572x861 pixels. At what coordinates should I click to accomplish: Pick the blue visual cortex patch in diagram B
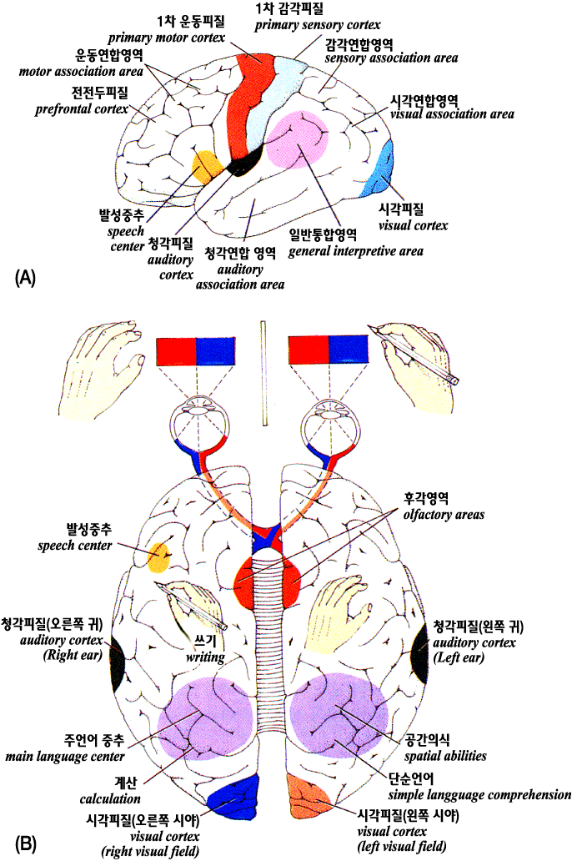tap(233, 802)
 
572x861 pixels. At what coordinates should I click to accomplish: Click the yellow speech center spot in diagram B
tap(159, 556)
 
